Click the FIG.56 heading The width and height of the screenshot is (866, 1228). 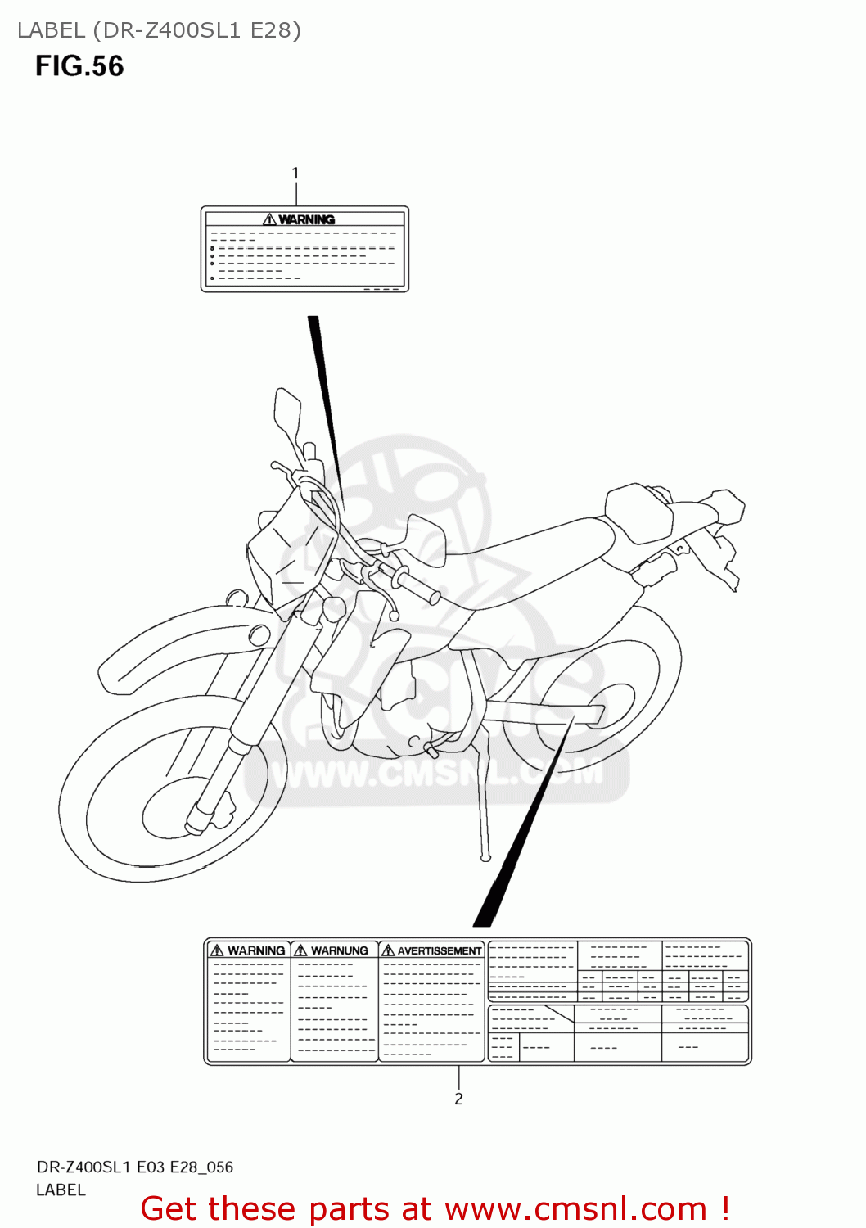(x=79, y=66)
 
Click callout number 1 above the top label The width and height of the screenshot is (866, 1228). (x=295, y=174)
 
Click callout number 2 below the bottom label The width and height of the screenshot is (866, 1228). (x=458, y=1099)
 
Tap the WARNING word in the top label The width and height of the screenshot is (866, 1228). (x=307, y=219)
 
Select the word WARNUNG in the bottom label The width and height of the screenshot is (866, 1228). (x=340, y=950)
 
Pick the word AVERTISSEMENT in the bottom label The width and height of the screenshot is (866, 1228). (x=440, y=950)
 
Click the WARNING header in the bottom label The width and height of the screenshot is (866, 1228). (x=256, y=950)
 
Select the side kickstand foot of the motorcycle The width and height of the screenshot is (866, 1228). (x=485, y=857)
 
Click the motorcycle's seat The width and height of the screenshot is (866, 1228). (x=524, y=557)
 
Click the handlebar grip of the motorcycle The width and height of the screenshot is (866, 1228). (x=417, y=586)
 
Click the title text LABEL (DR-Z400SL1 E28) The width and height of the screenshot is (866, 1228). (x=159, y=30)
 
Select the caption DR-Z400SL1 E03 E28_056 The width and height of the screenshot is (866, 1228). (x=135, y=1167)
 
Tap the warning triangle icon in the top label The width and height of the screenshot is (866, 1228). (x=269, y=219)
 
